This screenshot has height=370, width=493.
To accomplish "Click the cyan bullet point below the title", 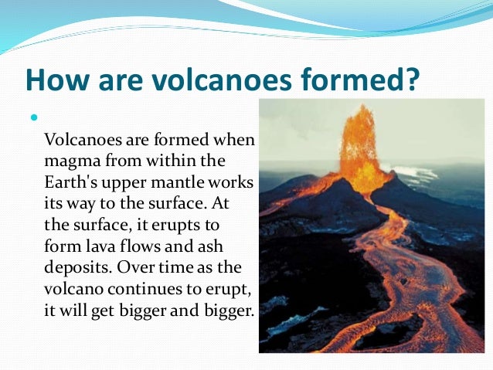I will point(33,118).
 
